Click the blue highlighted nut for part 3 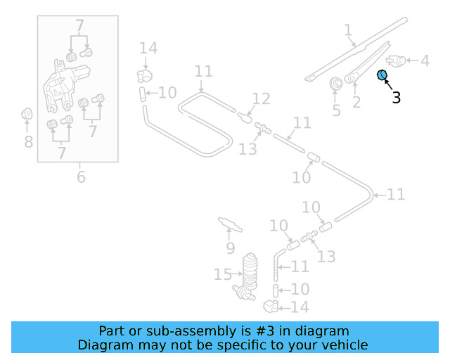pyautogui.click(x=382, y=75)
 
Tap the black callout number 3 pyautogui.click(x=397, y=98)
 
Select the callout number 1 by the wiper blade pyautogui.click(x=348, y=30)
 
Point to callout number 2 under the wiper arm pyautogui.click(x=356, y=103)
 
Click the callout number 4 pyautogui.click(x=425, y=61)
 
